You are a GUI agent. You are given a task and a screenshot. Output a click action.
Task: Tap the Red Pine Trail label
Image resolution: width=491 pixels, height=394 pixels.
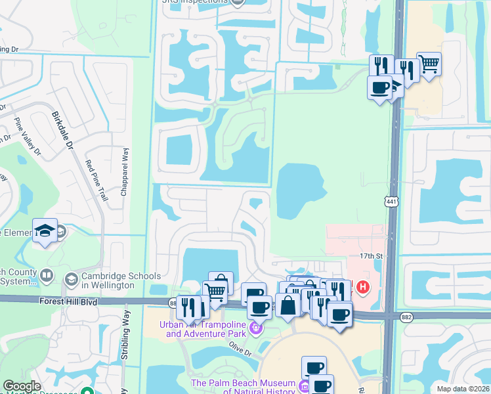[96, 180]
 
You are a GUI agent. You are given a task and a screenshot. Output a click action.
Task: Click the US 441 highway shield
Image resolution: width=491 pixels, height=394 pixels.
[392, 202]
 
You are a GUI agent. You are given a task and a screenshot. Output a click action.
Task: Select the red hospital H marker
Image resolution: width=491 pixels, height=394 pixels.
[362, 287]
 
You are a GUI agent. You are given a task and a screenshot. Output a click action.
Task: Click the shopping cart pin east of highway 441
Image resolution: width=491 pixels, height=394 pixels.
[429, 64]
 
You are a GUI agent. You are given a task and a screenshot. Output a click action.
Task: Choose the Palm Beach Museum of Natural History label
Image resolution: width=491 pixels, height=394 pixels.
[243, 387]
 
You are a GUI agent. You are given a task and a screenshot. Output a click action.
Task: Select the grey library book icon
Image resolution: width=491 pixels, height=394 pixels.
[46, 275]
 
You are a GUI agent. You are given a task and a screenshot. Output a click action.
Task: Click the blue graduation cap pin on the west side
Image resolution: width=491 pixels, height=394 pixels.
[45, 230]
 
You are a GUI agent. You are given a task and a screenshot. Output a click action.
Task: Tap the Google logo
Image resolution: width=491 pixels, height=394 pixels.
[22, 386]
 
